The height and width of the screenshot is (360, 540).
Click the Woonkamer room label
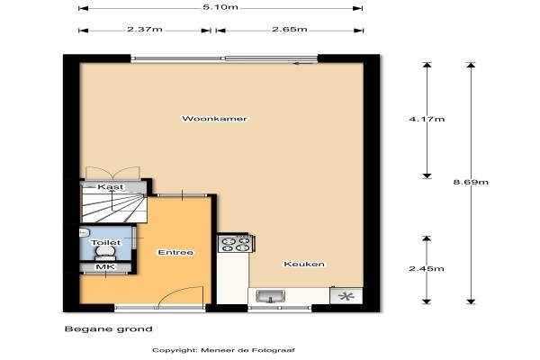coord(214,119)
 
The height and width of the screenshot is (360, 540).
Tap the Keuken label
coord(304,265)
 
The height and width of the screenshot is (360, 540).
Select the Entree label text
coord(175,253)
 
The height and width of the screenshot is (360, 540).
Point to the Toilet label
coord(106,242)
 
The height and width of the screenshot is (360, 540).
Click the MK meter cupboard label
coord(105,267)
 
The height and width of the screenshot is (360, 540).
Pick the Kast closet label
coord(110,187)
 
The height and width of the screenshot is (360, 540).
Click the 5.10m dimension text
coord(220,7)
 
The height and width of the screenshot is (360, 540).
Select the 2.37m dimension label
coord(145,30)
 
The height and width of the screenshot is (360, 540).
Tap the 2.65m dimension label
coord(290,30)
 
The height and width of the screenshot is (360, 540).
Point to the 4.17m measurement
coord(427,119)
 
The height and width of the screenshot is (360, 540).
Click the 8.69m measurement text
coord(471,182)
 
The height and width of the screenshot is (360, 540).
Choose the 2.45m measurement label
coord(427,268)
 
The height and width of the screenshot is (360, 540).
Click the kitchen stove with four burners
coord(236,244)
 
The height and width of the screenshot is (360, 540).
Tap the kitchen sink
coord(271,296)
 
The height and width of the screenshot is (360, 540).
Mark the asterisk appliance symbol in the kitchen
coord(346,296)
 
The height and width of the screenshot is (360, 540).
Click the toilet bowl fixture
coord(105,253)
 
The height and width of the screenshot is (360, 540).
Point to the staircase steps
coord(114,208)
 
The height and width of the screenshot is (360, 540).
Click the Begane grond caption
coord(109,329)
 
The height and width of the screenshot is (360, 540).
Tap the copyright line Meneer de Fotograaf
coord(223,350)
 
